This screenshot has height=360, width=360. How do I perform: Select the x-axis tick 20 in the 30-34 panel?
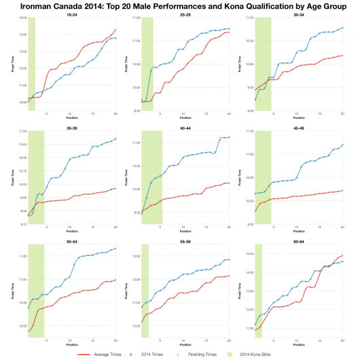click(x=342, y=113)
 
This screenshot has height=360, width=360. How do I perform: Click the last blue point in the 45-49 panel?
click(x=342, y=145)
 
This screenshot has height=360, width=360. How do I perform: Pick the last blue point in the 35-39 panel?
click(x=115, y=139)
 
